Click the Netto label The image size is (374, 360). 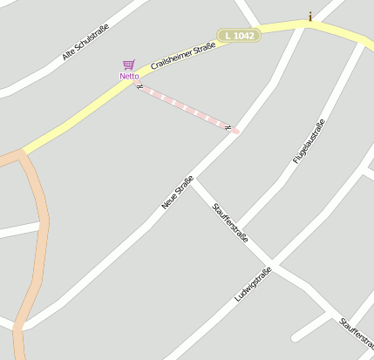(x=129, y=77)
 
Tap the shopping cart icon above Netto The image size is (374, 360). (x=129, y=65)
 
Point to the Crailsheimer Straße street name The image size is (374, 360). (x=182, y=53)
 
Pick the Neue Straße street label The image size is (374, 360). (x=177, y=193)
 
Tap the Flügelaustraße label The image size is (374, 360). (x=309, y=141)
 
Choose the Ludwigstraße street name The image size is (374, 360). (x=253, y=285)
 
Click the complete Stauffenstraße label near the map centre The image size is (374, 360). (x=231, y=223)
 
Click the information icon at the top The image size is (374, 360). (x=310, y=16)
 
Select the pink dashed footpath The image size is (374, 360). (x=187, y=108)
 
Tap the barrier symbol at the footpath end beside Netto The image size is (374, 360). (x=139, y=86)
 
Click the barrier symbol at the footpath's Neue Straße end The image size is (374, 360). (x=228, y=128)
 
